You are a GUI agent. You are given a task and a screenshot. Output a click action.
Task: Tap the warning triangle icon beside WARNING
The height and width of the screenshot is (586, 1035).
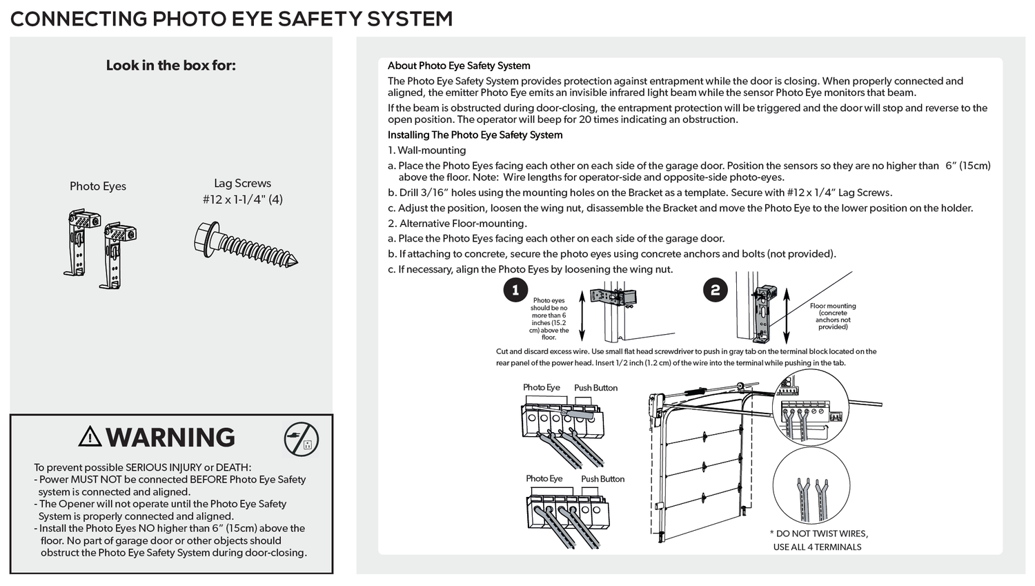click(x=90, y=437)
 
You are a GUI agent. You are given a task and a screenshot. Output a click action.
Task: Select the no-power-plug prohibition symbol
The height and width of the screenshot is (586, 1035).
click(x=302, y=439)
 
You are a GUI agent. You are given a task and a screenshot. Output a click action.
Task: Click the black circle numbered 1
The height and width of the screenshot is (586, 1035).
click(x=515, y=290)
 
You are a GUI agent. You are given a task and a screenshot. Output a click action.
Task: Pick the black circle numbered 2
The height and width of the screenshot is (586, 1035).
click(x=715, y=290)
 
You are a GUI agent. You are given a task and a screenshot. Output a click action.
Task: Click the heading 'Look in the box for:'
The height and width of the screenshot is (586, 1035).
click(x=170, y=66)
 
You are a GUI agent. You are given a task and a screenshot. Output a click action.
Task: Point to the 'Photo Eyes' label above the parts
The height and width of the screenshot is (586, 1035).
click(x=98, y=186)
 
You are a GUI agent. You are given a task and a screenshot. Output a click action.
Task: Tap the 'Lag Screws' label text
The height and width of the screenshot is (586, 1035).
click(x=242, y=184)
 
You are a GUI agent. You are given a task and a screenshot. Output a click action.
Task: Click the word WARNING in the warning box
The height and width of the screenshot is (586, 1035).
click(x=170, y=438)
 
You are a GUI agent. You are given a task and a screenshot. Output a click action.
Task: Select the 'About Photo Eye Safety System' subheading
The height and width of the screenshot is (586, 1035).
click(x=459, y=66)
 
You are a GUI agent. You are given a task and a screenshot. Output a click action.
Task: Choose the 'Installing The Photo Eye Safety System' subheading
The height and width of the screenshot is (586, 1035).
click(x=475, y=135)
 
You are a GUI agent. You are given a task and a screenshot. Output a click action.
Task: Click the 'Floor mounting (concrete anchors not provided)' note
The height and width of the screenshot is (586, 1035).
click(x=833, y=316)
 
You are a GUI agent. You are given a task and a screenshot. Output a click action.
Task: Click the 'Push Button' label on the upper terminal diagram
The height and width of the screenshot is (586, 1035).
click(x=595, y=388)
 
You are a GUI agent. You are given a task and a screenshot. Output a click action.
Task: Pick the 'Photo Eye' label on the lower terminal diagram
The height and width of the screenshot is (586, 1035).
click(x=544, y=479)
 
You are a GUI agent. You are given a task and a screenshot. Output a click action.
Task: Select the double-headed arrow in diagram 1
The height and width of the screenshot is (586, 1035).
click(x=582, y=315)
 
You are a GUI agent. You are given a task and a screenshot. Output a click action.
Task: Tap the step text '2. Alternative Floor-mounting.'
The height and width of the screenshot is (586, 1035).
click(x=457, y=224)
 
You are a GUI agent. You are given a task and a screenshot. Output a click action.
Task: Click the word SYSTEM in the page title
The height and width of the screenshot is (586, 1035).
click(x=409, y=19)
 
